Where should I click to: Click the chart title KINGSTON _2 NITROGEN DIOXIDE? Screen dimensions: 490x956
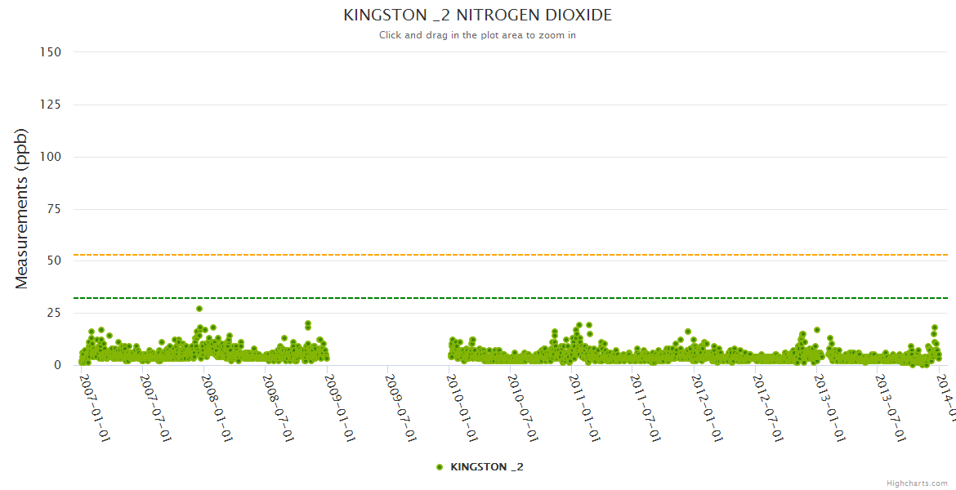(477, 16)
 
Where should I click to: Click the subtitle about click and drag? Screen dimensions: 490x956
(477, 35)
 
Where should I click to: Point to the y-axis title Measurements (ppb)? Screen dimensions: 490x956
(22, 208)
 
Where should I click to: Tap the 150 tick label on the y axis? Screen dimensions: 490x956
(51, 52)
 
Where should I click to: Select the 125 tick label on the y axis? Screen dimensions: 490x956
(51, 105)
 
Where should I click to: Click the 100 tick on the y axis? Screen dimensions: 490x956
(51, 157)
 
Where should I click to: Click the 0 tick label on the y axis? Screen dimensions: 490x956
(57, 365)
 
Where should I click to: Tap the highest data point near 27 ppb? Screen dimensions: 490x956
(199, 309)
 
